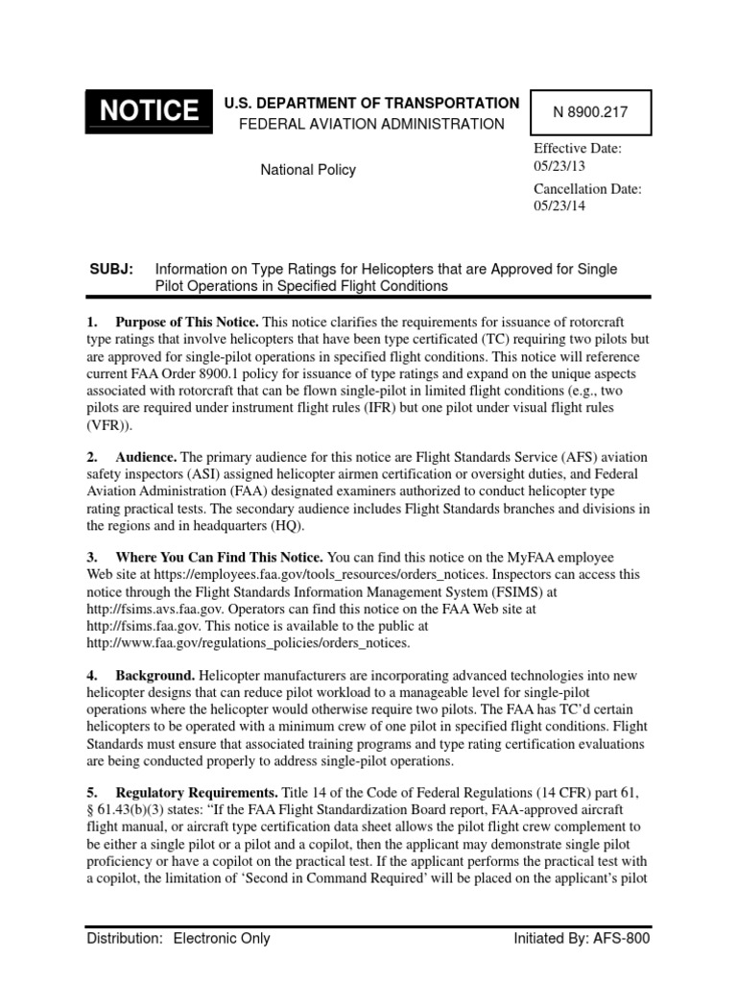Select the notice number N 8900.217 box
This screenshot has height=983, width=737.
tap(588, 112)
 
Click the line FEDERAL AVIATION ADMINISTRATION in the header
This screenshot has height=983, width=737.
tap(371, 124)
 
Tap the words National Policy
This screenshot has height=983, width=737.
tap(309, 170)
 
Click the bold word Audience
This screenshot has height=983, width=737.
tap(146, 458)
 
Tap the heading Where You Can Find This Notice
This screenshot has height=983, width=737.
tap(220, 557)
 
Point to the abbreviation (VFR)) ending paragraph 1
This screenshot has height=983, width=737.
tap(109, 424)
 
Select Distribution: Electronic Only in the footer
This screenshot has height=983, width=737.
tap(178, 939)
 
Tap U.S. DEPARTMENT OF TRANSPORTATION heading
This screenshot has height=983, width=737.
tap(371, 103)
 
